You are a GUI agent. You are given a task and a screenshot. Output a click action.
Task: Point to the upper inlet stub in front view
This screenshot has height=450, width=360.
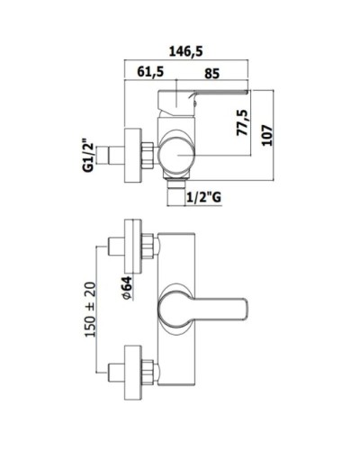click(x=115, y=247)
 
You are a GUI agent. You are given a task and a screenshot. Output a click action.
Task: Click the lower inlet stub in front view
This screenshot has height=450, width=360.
click(x=115, y=370)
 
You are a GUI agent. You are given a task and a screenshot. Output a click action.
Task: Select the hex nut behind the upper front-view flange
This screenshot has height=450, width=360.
click(x=149, y=247)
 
